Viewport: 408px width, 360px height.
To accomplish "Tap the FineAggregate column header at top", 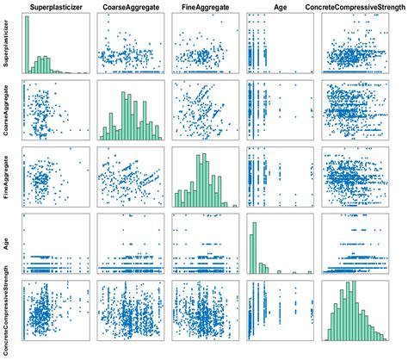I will click(x=204, y=8).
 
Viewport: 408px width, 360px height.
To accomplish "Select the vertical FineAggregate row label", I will click(x=7, y=178).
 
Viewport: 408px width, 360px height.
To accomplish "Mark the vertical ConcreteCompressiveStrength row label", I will click(x=7, y=311).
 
